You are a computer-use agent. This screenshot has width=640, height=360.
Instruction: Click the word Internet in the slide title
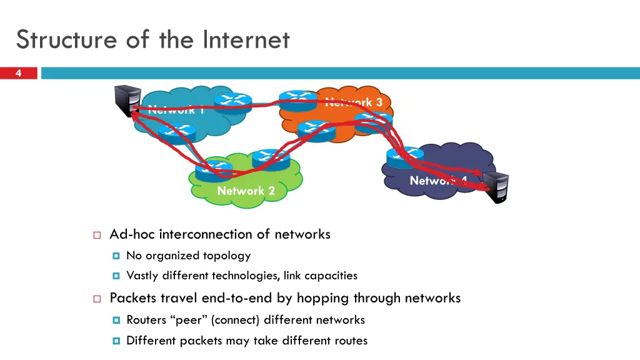pyautogui.click(x=246, y=40)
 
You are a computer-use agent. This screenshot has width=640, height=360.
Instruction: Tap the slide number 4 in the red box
pyautogui.click(x=18, y=74)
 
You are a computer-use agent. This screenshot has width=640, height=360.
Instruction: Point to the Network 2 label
pyautogui.click(x=246, y=191)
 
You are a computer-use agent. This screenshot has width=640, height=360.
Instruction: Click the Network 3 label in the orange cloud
pyautogui.click(x=354, y=102)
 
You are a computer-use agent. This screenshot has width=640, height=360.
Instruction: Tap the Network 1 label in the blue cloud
pyautogui.click(x=176, y=110)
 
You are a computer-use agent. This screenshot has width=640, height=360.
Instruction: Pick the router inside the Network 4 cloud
pyautogui.click(x=406, y=157)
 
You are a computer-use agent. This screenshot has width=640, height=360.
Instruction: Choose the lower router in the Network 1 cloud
pyautogui.click(x=177, y=132)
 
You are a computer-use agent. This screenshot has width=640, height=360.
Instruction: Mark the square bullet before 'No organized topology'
pyautogui.click(x=116, y=256)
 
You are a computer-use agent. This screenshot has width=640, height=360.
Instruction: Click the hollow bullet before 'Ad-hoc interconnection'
pyautogui.click(x=97, y=236)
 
